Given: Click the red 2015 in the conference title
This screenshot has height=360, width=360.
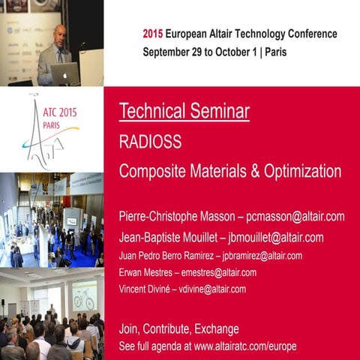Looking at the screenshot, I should click(152, 34).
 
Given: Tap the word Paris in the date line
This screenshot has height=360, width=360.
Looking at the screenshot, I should click(273, 52).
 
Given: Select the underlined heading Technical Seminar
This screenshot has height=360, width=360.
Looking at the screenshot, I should click(184, 112).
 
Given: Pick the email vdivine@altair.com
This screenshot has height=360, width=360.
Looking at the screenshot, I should click(211, 289).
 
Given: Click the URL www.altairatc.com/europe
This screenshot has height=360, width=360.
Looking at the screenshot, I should click(245, 346).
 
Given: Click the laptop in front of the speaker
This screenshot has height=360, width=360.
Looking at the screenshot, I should click(65, 73).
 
